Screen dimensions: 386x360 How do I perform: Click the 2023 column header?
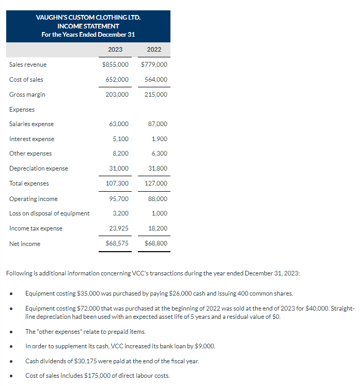(x=115, y=50)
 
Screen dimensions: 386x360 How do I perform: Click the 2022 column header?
(x=154, y=50)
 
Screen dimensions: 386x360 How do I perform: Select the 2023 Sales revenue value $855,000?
(x=116, y=65)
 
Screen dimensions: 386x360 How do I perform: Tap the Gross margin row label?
(x=27, y=95)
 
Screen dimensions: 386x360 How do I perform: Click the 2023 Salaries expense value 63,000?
(x=119, y=124)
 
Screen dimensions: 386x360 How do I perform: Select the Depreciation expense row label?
(x=38, y=168)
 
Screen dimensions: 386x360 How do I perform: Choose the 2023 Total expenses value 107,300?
(x=117, y=183)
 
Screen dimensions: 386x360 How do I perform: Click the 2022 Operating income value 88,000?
(x=157, y=199)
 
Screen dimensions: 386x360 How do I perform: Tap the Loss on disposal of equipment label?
(x=49, y=213)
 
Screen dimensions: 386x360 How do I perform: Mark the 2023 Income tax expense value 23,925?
(x=119, y=228)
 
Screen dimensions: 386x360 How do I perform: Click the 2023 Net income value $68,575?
(x=117, y=243)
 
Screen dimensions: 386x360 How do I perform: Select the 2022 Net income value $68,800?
(x=156, y=243)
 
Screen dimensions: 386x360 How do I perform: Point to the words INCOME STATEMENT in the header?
(x=88, y=26)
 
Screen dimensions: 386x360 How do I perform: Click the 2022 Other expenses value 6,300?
(x=160, y=153)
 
